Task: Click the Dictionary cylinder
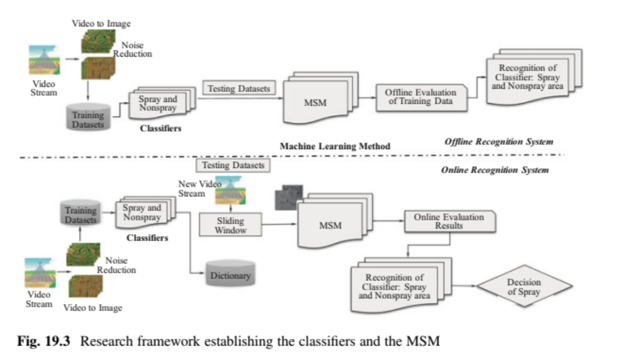(230, 275)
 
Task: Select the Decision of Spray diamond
(524, 287)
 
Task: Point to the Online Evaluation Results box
(449, 221)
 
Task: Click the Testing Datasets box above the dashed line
(239, 88)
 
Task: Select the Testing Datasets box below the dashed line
(233, 166)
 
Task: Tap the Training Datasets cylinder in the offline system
(88, 119)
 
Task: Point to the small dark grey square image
(288, 198)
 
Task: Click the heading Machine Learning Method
(335, 146)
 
